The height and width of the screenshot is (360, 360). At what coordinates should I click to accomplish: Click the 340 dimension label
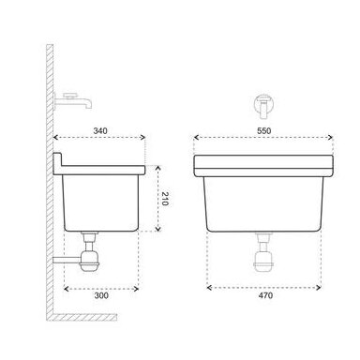pos(100,130)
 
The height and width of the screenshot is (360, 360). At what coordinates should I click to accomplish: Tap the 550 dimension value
pos(264,130)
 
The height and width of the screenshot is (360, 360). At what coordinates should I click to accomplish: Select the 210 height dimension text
pos(165,199)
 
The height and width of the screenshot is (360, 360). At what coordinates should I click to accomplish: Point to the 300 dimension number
pos(101,295)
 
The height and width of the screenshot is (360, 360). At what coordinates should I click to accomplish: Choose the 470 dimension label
pos(265,295)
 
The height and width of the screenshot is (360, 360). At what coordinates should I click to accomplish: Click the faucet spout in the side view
pos(82,102)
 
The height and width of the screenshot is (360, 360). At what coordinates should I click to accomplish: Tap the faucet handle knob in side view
pos(70,95)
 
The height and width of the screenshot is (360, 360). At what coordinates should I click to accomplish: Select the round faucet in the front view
pos(264,106)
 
